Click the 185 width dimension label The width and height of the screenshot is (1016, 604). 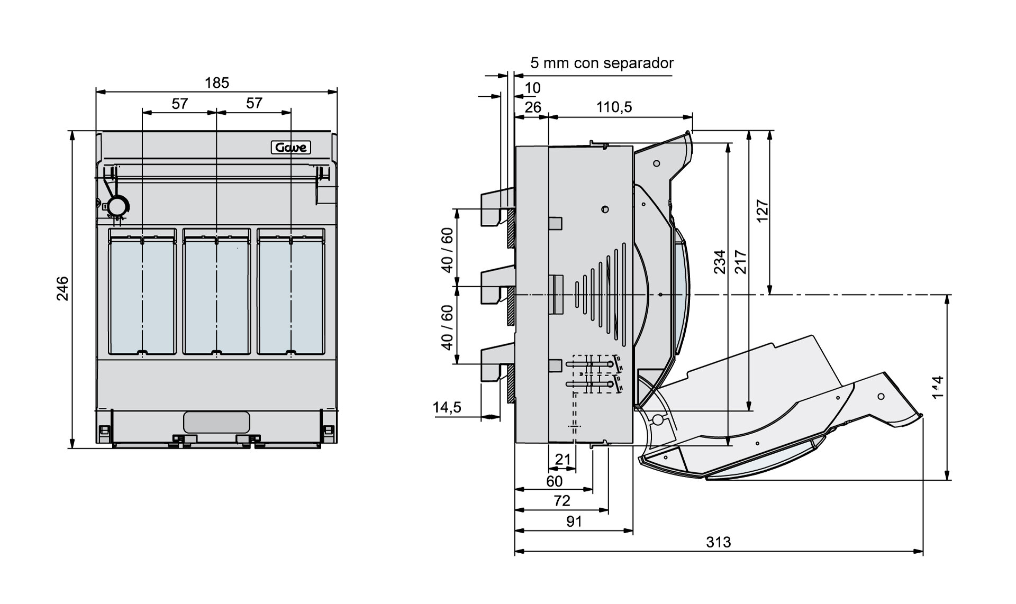[x=217, y=83]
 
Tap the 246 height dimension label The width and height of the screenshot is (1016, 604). [x=63, y=288]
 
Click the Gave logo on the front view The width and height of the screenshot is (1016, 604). [x=291, y=148]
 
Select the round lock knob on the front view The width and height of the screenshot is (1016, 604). [x=117, y=205]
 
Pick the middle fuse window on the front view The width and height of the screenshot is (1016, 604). [x=216, y=291]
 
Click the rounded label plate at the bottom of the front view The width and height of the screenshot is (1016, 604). [x=216, y=422]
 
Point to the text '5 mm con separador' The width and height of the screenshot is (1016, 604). [x=602, y=63]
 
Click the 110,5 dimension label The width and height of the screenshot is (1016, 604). [x=614, y=107]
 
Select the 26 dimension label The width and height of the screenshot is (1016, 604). [x=533, y=107]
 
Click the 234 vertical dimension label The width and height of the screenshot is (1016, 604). [x=720, y=262]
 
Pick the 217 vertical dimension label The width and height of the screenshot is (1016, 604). [x=741, y=262]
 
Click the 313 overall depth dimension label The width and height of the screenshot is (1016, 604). [x=718, y=542]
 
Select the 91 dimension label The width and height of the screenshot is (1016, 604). [x=574, y=522]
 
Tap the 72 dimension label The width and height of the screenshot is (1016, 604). [x=561, y=501]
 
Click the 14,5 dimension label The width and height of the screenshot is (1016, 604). [x=447, y=407]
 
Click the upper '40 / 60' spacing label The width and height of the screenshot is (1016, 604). [x=448, y=250]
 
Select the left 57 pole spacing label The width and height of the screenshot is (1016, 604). [x=180, y=104]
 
